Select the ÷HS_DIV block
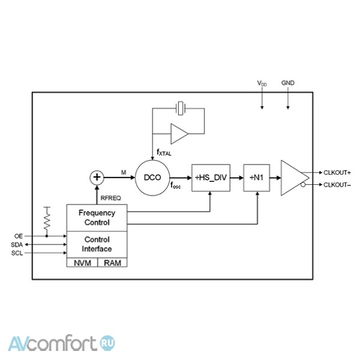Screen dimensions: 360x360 (211, 178)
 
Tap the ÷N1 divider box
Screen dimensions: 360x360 (256, 178)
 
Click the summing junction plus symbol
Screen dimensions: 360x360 (97, 178)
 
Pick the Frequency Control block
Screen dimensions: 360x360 (97, 218)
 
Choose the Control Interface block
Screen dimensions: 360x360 (97, 244)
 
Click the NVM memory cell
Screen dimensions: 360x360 (82, 262)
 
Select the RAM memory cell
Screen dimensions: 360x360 (112, 262)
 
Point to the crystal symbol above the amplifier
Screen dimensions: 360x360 (181, 108)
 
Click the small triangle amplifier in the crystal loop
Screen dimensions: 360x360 (179, 134)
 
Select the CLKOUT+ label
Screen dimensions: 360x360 (337, 173)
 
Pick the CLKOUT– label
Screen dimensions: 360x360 (337, 185)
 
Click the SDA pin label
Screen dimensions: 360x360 (17, 245)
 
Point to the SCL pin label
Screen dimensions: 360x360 (17, 253)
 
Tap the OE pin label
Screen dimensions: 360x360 (19, 236)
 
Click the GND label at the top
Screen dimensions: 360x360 (288, 83)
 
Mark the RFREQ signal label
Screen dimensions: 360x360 (111, 198)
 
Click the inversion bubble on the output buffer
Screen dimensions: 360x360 (303, 185)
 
